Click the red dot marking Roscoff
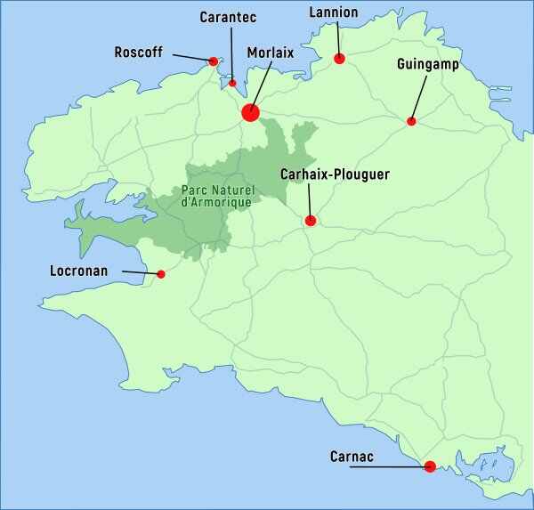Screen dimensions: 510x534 click(214, 61)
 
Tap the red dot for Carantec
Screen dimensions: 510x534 click(232, 84)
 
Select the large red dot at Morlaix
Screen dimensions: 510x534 click(250, 112)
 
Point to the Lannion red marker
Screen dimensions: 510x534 click(339, 59)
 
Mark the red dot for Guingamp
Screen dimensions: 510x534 click(411, 121)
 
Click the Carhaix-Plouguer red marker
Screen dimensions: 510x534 click(311, 221)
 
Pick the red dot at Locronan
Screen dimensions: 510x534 click(161, 274)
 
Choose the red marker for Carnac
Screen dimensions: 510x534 click(430, 466)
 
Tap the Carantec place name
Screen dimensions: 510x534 click(229, 17)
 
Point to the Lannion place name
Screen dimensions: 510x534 click(334, 12)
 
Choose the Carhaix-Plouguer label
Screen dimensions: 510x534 click(335, 175)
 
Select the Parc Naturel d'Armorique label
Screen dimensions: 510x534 click(216, 196)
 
